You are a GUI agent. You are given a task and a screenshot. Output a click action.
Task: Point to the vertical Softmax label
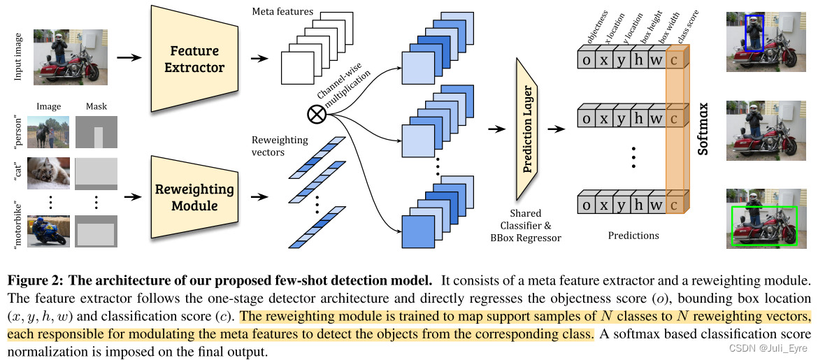click(704, 129)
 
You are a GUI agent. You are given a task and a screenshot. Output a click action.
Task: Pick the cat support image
click(49, 173)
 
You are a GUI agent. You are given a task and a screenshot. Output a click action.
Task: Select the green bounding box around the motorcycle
click(763, 226)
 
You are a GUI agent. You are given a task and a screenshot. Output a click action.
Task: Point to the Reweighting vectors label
click(279, 146)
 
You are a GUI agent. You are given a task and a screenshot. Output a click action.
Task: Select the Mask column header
click(96, 107)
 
